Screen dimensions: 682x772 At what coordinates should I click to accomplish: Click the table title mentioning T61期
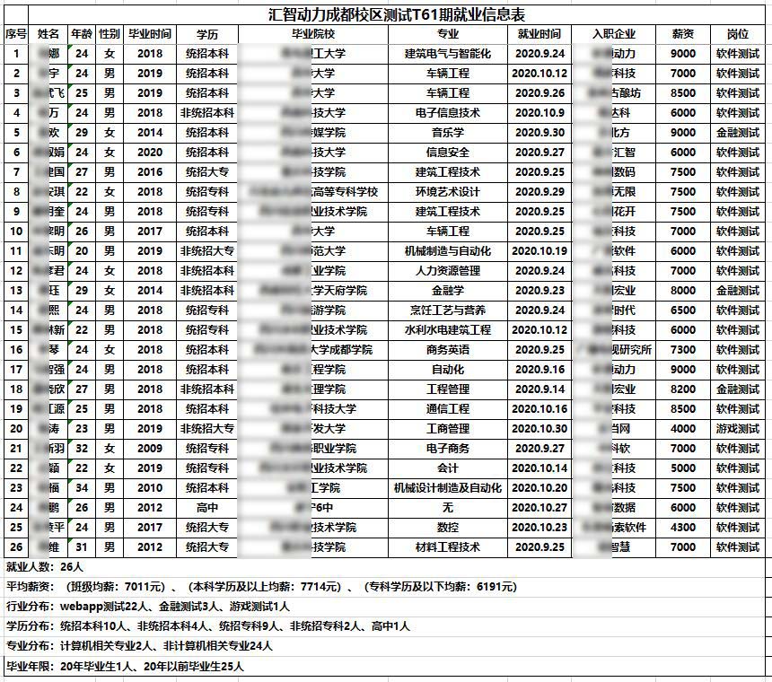click(397, 15)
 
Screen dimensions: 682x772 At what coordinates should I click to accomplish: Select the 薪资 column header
click(683, 34)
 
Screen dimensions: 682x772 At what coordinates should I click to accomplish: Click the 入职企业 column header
click(615, 34)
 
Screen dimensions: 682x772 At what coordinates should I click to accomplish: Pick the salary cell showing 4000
click(683, 429)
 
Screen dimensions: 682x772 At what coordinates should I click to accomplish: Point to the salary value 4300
click(683, 528)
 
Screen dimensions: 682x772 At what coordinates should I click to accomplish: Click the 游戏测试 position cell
click(737, 429)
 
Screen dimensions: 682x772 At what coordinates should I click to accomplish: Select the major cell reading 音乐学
click(447, 133)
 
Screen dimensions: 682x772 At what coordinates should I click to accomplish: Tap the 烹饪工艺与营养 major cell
click(447, 310)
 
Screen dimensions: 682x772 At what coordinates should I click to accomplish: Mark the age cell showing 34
click(82, 488)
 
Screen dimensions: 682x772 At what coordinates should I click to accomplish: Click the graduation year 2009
click(150, 449)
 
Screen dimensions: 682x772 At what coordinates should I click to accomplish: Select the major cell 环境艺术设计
click(447, 192)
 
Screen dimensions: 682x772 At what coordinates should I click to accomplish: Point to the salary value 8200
click(683, 389)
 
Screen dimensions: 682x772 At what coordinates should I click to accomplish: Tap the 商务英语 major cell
click(447, 350)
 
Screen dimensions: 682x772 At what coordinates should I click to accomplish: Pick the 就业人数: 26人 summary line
click(45, 567)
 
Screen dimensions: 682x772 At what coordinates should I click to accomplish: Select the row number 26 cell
click(16, 547)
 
